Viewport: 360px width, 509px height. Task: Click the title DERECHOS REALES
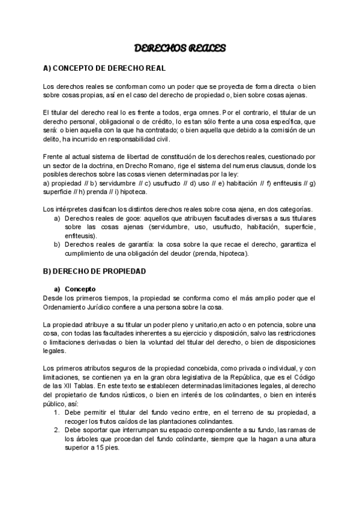[179, 47]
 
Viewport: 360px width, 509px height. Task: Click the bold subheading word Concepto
[80, 288]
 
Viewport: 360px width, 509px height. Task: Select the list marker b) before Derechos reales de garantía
[58, 244]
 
